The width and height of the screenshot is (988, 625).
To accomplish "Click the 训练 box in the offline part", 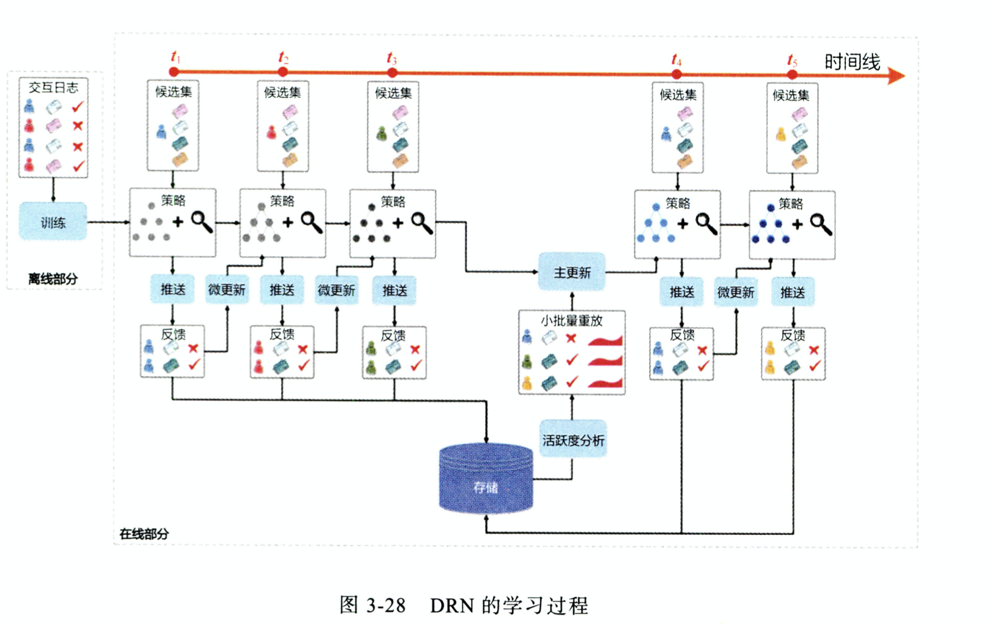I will [53, 222].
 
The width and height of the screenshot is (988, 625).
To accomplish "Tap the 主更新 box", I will [572, 272].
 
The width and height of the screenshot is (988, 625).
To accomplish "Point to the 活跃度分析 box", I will [573, 440].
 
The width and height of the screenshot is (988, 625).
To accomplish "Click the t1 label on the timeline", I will [176, 57].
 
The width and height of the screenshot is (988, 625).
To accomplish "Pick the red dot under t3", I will [392, 72].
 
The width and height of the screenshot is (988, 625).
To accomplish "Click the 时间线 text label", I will [852, 62].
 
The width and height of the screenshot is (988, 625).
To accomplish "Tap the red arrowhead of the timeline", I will [896, 76].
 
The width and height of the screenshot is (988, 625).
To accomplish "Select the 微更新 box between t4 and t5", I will [735, 292].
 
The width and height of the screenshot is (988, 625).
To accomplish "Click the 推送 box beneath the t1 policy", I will [173, 289].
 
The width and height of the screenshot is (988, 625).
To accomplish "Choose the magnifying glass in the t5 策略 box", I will [821, 224].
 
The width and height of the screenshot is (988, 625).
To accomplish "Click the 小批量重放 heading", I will [571, 320].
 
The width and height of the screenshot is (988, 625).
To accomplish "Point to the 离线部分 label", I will [53, 279].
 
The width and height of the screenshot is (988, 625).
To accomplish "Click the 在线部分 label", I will [144, 534].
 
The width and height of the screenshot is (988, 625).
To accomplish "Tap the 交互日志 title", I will [53, 88].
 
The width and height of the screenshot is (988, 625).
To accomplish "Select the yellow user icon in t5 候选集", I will [781, 134].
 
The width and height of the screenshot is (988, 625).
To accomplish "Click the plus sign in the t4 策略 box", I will [683, 224].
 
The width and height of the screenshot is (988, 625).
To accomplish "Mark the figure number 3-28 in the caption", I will [385, 605].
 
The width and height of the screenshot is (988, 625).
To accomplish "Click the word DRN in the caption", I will [452, 605].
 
